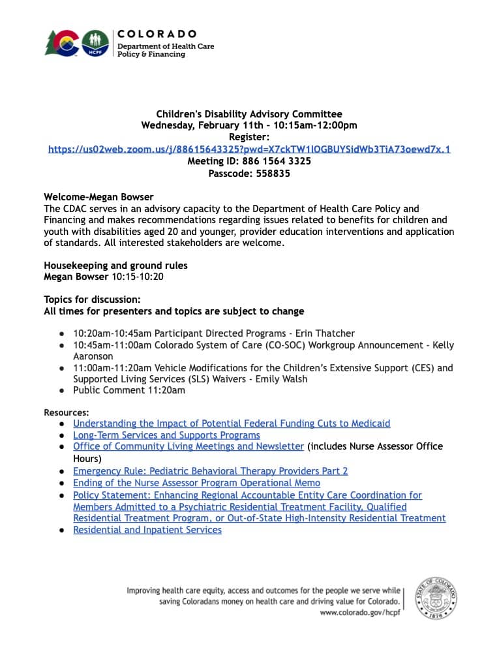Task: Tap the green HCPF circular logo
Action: (95, 44)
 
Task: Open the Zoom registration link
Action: (249, 149)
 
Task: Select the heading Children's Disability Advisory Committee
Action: (249, 114)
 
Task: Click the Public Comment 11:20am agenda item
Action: (129, 390)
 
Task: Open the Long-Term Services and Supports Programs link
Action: (166, 435)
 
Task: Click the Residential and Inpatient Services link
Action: (147, 530)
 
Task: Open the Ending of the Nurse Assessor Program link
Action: (196, 483)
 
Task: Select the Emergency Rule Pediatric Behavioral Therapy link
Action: (210, 471)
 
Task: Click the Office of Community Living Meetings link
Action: (189, 446)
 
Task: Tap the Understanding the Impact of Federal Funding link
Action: (232, 423)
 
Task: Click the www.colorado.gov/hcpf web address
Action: (359, 613)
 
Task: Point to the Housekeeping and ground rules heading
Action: (115, 266)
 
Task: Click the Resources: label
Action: (67, 412)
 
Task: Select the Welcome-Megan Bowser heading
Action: (98, 197)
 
